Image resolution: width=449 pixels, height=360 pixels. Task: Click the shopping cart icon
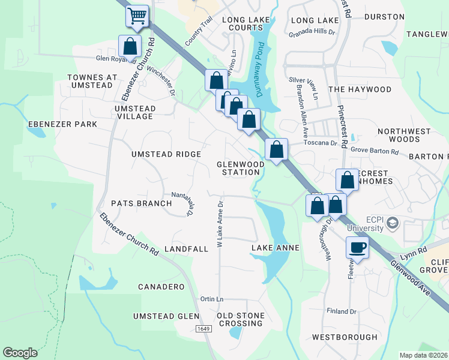coord(137,16)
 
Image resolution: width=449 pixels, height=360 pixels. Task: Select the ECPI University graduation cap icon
coord(393,223)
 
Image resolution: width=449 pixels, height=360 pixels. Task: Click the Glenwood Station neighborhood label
coord(240,168)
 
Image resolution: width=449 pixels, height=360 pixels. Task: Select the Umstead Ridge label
coord(166,154)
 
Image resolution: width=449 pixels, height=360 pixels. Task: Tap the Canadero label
coord(161,287)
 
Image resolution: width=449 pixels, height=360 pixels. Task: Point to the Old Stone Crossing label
coord(240,319)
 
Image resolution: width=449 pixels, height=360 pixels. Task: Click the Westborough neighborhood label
coord(345,337)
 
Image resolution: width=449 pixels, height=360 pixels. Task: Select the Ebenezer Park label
coord(62,124)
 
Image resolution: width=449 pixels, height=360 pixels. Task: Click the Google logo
coord(20,353)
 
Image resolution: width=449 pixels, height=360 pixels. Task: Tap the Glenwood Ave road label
coord(411,277)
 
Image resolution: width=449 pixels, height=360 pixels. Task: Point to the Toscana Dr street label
coord(321,143)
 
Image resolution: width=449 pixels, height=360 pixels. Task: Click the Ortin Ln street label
coord(212,299)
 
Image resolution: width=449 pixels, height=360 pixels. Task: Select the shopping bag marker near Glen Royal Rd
coord(130,46)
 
